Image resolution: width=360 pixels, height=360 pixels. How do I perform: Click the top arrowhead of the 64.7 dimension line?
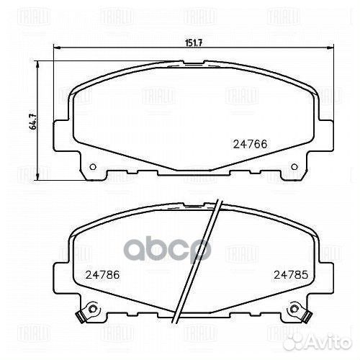(40, 64)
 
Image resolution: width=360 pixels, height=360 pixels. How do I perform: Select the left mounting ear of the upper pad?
(63, 134)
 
